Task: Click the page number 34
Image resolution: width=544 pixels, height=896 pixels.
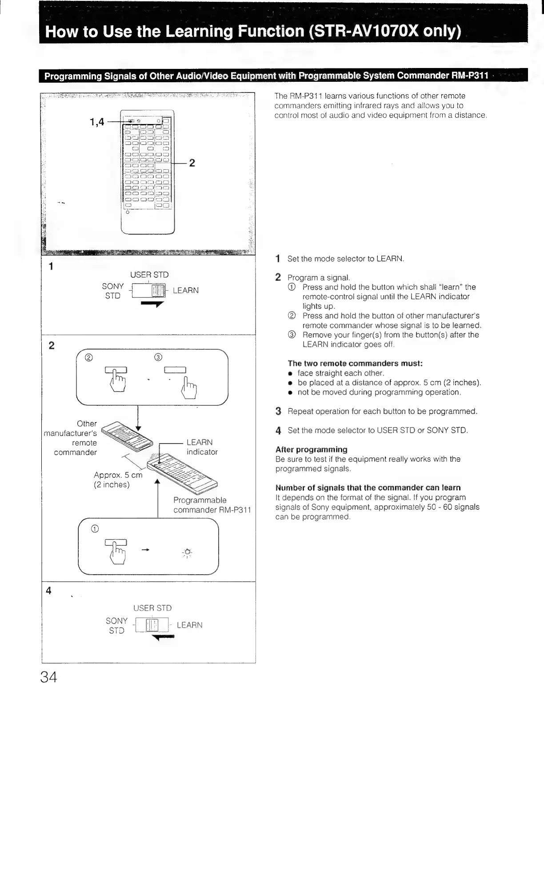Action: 48,677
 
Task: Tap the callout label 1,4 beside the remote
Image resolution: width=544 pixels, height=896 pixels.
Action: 97,121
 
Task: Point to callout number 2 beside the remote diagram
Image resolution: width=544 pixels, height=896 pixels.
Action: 192,163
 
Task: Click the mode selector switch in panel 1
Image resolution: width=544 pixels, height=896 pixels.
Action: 149,291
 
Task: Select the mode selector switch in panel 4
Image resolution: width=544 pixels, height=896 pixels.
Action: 152,625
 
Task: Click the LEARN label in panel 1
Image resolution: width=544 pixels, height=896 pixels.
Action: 185,291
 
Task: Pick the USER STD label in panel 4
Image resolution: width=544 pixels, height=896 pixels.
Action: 152,608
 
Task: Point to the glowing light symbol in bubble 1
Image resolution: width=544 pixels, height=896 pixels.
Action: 187,552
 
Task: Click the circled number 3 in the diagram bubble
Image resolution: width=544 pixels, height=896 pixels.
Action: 158,358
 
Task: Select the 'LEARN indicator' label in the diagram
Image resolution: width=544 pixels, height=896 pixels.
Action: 202,447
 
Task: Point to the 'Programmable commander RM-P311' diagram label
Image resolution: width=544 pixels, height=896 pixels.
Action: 212,505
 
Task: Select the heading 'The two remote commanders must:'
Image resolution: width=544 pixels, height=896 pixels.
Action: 355,364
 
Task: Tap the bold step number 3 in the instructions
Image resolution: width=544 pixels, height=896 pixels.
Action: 278,411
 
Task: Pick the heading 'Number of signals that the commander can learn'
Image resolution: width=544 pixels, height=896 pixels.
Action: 368,488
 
